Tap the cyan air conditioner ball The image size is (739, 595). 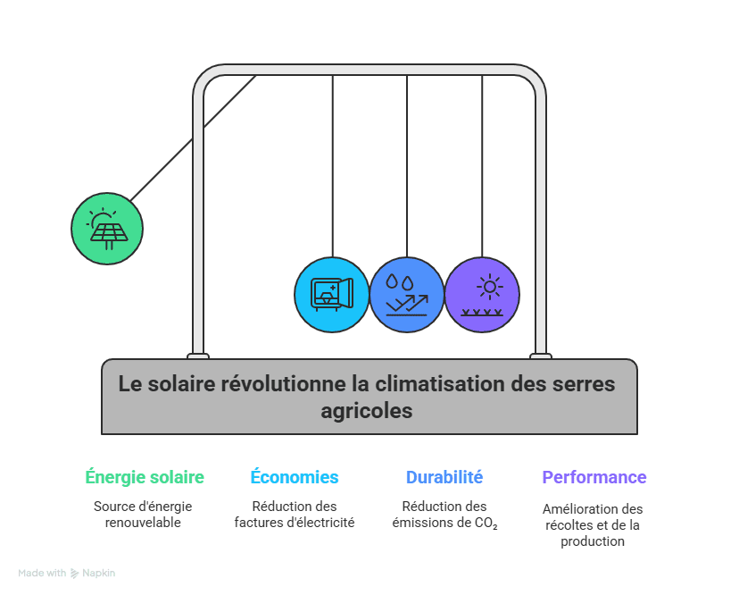tap(332, 295)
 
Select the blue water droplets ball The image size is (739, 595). tap(407, 295)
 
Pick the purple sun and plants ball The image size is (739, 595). tap(482, 295)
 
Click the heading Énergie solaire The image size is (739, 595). tap(145, 477)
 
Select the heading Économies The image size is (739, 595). tap(295, 477)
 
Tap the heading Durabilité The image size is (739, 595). tap(444, 477)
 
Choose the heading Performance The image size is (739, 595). tap(594, 477)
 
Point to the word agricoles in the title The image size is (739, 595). tap(368, 411)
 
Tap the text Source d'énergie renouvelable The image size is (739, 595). tap(143, 514)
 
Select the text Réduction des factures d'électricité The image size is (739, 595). tap(295, 514)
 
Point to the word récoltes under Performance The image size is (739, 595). tap(567, 525)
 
